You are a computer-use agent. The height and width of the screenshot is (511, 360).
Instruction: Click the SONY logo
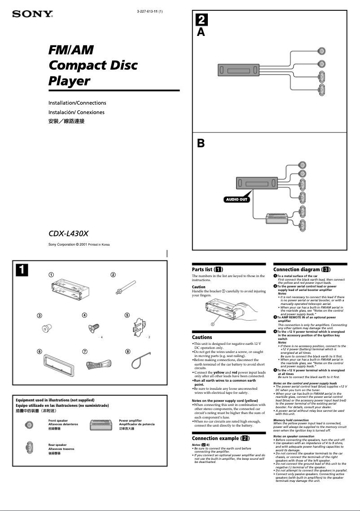point(32,14)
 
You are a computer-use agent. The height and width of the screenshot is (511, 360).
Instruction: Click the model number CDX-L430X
point(69,233)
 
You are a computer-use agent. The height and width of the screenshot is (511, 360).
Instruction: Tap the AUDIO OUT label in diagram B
point(237,199)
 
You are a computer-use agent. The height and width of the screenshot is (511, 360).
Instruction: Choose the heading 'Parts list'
point(208,269)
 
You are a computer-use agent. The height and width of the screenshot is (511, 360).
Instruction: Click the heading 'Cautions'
point(202,337)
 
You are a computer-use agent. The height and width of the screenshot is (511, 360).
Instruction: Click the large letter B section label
point(201,144)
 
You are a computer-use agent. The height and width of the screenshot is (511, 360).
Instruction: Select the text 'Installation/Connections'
point(77,103)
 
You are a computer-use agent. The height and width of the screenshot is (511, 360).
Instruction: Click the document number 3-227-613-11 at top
point(149,11)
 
